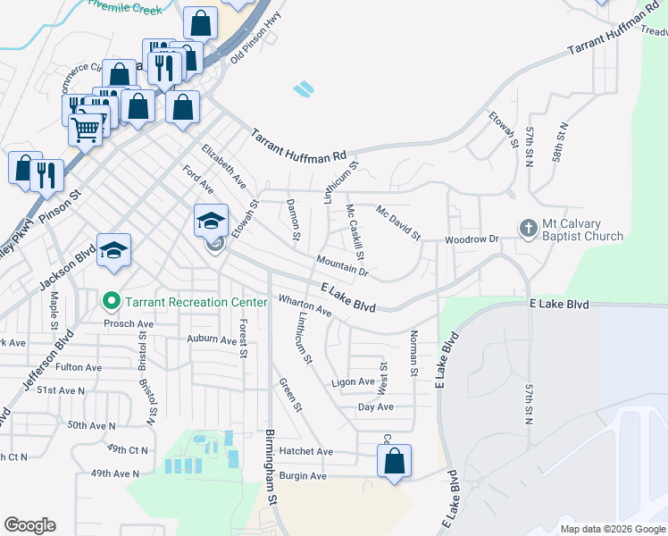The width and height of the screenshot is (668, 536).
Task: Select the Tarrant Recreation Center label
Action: pyautogui.click(x=196, y=302)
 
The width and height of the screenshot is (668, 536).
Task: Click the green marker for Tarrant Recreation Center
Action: pyautogui.click(x=112, y=302)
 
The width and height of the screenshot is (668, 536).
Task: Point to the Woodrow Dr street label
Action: pyautogui.click(x=472, y=239)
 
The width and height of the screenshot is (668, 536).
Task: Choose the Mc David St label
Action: pyautogui.click(x=398, y=223)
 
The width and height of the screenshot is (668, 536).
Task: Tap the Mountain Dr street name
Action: pyautogui.click(x=341, y=264)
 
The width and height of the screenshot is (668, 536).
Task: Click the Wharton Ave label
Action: pyautogui.click(x=305, y=306)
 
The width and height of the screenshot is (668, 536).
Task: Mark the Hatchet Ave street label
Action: pyautogui.click(x=305, y=451)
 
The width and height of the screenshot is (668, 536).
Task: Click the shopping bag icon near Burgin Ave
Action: pyautogui.click(x=394, y=462)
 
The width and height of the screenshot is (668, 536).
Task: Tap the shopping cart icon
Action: pyautogui.click(x=87, y=130)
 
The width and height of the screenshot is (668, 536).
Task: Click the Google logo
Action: pyautogui.click(x=29, y=525)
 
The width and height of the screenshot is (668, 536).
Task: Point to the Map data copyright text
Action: pyautogui.click(x=613, y=529)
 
